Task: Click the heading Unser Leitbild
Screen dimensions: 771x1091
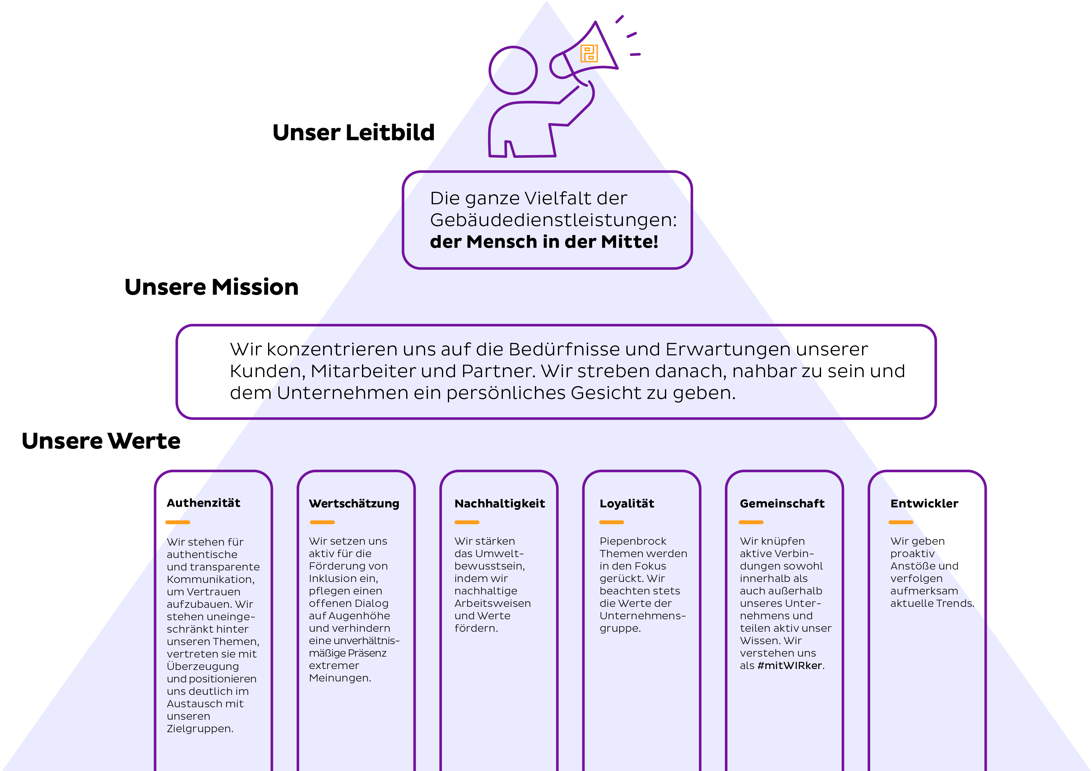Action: [x=354, y=132]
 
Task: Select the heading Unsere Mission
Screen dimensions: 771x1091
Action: [x=211, y=287]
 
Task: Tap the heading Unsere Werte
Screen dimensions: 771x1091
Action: [x=101, y=441]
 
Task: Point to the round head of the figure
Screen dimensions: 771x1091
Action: [x=513, y=70]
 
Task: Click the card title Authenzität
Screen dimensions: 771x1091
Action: [x=203, y=503]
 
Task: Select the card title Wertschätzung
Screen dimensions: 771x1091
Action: [x=354, y=504]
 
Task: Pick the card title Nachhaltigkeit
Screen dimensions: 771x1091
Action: [x=499, y=504]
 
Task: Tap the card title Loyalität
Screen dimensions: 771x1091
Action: [x=627, y=504]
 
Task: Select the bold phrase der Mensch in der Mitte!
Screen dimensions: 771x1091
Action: [x=544, y=242]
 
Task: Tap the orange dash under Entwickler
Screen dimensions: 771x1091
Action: [x=901, y=522]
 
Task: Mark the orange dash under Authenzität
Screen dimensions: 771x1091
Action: [x=178, y=522]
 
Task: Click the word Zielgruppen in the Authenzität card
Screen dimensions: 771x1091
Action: [x=199, y=729]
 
